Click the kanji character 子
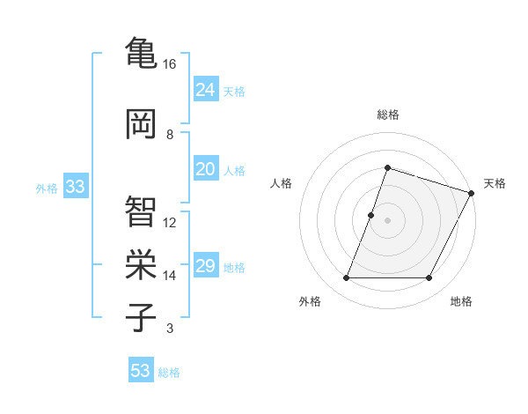141,317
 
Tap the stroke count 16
170,64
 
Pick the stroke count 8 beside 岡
170,135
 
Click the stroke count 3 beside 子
170,329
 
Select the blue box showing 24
205,90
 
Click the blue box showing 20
205,170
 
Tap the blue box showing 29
205,267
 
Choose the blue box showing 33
75,188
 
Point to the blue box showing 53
141,371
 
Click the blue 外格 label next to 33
47,189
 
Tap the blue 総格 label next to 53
169,373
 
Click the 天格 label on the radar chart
495,183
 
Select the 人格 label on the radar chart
282,183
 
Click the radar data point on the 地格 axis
429,278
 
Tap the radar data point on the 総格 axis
387,168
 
